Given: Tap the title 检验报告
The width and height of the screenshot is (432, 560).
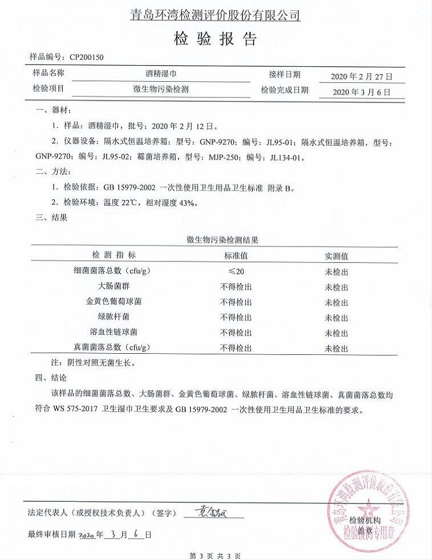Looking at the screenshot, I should coord(215,39).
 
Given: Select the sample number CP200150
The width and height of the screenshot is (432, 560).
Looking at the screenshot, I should coord(86,57).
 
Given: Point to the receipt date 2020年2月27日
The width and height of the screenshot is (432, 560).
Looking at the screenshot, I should coord(362,77).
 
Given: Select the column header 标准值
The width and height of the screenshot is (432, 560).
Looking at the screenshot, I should coord(236,256).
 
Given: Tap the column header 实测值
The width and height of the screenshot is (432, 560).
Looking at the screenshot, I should coord(336,256).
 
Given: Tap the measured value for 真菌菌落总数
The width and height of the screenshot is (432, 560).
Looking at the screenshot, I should coord(336,349).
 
